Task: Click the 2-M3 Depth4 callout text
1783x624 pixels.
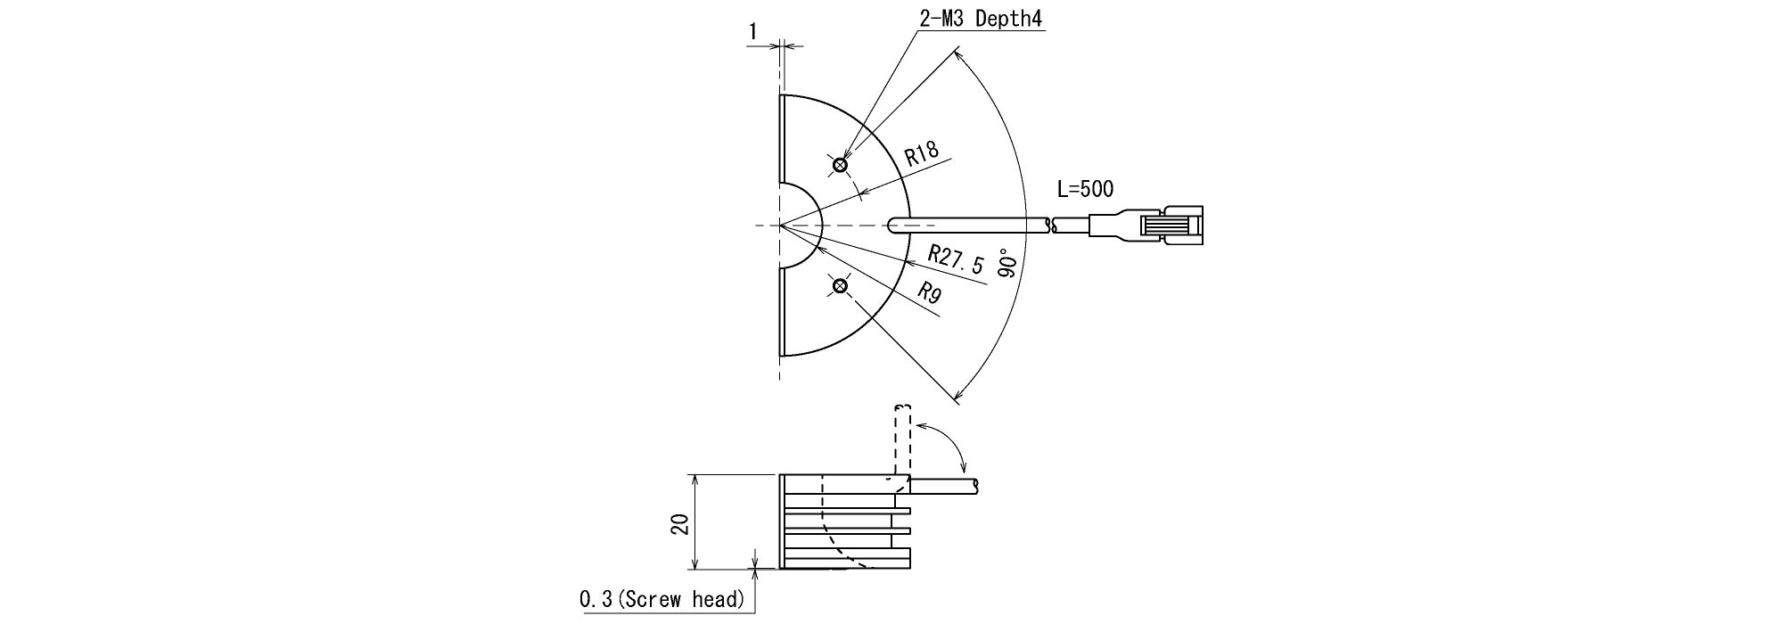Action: (981, 20)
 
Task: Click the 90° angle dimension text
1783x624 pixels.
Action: (1009, 263)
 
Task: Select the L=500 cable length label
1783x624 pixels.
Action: (1085, 189)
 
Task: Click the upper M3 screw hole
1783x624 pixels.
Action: (839, 165)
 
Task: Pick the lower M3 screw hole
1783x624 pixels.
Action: (839, 285)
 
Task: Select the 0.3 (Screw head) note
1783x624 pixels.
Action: (661, 600)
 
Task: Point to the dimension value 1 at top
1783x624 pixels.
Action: (753, 32)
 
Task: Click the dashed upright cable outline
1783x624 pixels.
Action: (901, 441)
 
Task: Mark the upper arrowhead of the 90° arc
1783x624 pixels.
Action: (957, 56)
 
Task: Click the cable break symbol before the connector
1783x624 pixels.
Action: (1053, 226)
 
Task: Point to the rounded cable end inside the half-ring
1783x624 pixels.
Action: (892, 226)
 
